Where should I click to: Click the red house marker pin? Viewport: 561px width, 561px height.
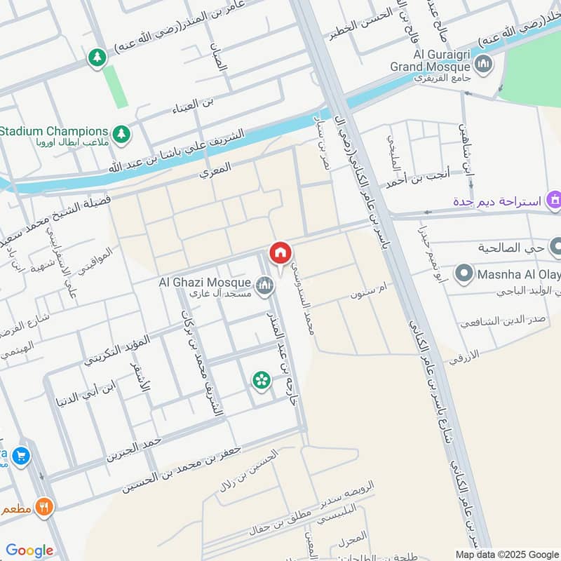pyautogui.click(x=280, y=253)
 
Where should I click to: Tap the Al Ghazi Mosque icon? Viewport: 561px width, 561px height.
pyautogui.click(x=264, y=285)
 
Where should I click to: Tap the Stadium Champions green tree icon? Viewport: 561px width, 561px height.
pyautogui.click(x=122, y=133)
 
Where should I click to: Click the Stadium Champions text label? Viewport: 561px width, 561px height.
pyautogui.click(x=55, y=131)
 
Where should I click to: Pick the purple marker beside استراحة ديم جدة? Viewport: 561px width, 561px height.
pyautogui.click(x=555, y=202)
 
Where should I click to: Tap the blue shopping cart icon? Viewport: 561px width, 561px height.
pyautogui.click(x=21, y=457)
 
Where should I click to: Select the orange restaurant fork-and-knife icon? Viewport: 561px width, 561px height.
pyautogui.click(x=45, y=506)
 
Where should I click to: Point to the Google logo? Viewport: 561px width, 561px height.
pyautogui.click(x=29, y=550)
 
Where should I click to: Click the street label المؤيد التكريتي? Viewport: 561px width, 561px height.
pyautogui.click(x=117, y=351)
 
